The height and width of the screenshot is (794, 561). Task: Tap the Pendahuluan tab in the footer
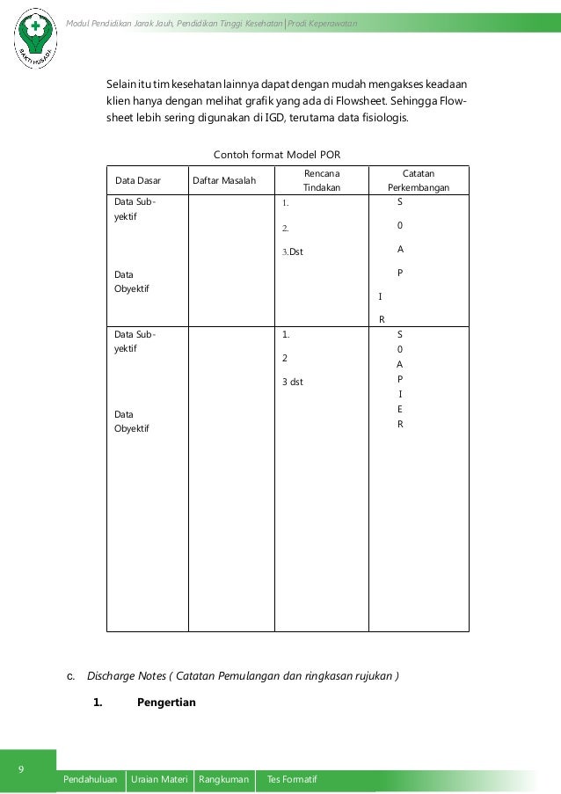(91, 780)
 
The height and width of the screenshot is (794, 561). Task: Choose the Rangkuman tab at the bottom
(225, 780)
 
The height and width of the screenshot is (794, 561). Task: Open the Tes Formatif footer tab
(291, 780)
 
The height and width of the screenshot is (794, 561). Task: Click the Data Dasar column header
(139, 181)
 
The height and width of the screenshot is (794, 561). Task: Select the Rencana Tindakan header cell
(321, 180)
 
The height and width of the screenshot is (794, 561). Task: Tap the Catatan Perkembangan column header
(418, 180)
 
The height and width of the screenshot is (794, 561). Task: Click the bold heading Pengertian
(167, 703)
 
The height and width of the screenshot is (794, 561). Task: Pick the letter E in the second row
(400, 409)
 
